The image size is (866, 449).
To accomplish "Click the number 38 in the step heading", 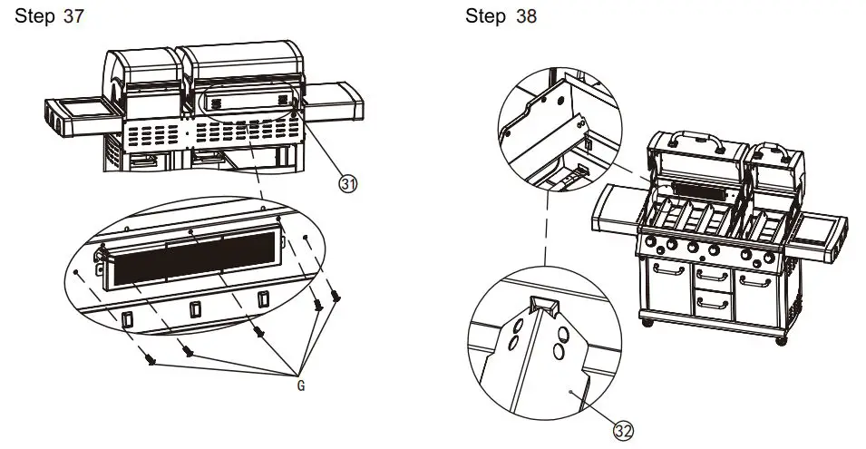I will tap(526, 17).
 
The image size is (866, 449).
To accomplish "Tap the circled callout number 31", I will tap(347, 184).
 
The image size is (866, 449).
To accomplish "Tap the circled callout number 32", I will tap(622, 431).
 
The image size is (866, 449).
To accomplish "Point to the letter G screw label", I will tap(300, 386).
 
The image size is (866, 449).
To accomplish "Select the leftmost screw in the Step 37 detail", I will tap(152, 361).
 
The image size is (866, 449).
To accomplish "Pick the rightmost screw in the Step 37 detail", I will tap(336, 295).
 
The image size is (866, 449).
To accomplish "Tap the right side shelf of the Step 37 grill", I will tap(334, 98).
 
